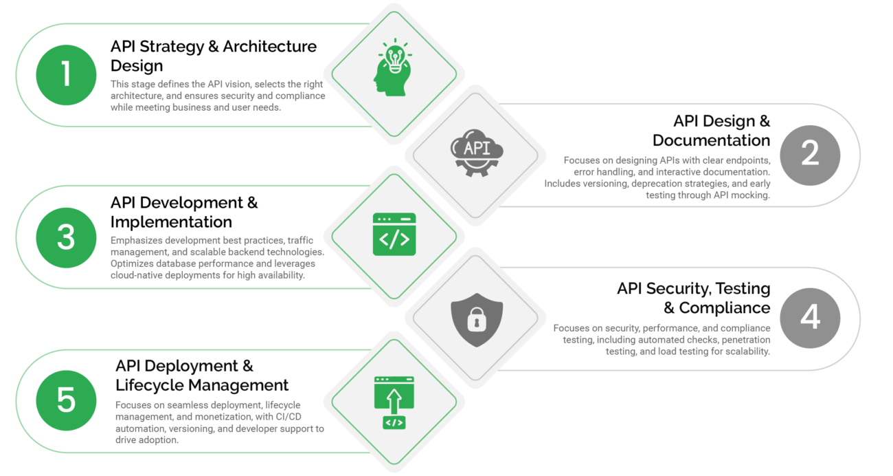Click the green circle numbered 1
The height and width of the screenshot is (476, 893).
pos(66,74)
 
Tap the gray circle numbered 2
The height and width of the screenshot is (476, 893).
pos(810,154)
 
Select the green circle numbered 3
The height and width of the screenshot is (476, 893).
pos(66,237)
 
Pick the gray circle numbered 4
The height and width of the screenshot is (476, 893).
pos(810,318)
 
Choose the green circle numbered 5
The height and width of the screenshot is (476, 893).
pos(66,400)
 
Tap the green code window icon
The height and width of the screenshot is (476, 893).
pos(394,235)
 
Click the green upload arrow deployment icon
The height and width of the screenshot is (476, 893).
pos(394,402)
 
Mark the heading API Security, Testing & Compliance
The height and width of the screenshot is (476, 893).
pos(694,297)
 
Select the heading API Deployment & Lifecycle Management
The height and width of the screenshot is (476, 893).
pos(202,375)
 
